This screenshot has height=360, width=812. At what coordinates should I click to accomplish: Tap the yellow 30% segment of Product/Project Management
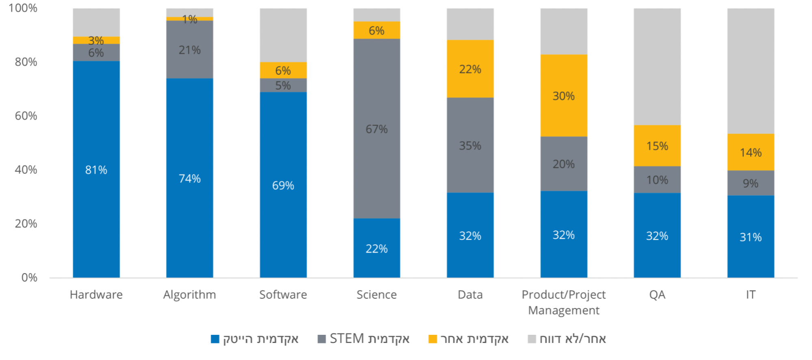(x=563, y=95)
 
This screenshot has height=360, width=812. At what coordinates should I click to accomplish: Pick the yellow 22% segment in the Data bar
(x=470, y=69)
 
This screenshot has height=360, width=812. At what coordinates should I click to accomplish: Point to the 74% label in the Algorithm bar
(x=190, y=178)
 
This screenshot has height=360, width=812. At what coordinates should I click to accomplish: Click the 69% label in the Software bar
(x=283, y=185)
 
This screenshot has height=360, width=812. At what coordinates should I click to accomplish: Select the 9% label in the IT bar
(x=750, y=183)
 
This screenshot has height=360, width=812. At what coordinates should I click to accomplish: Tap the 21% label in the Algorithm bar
(x=190, y=50)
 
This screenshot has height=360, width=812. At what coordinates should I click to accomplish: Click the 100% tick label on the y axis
(x=23, y=8)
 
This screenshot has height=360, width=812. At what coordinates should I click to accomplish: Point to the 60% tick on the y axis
(x=26, y=116)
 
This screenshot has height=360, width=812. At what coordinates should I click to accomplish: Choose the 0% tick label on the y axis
(x=29, y=278)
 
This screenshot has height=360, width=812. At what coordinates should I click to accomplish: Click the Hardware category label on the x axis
(x=96, y=295)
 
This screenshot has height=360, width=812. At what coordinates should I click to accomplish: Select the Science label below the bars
(x=377, y=295)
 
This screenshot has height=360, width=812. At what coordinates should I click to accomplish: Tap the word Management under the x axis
(x=563, y=310)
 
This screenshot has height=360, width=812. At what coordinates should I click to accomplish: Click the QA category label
(x=657, y=295)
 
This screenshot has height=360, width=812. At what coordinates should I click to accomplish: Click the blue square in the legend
(x=215, y=339)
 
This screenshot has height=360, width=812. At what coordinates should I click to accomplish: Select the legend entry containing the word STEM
(x=364, y=338)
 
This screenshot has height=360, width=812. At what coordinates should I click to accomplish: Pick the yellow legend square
(x=433, y=339)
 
